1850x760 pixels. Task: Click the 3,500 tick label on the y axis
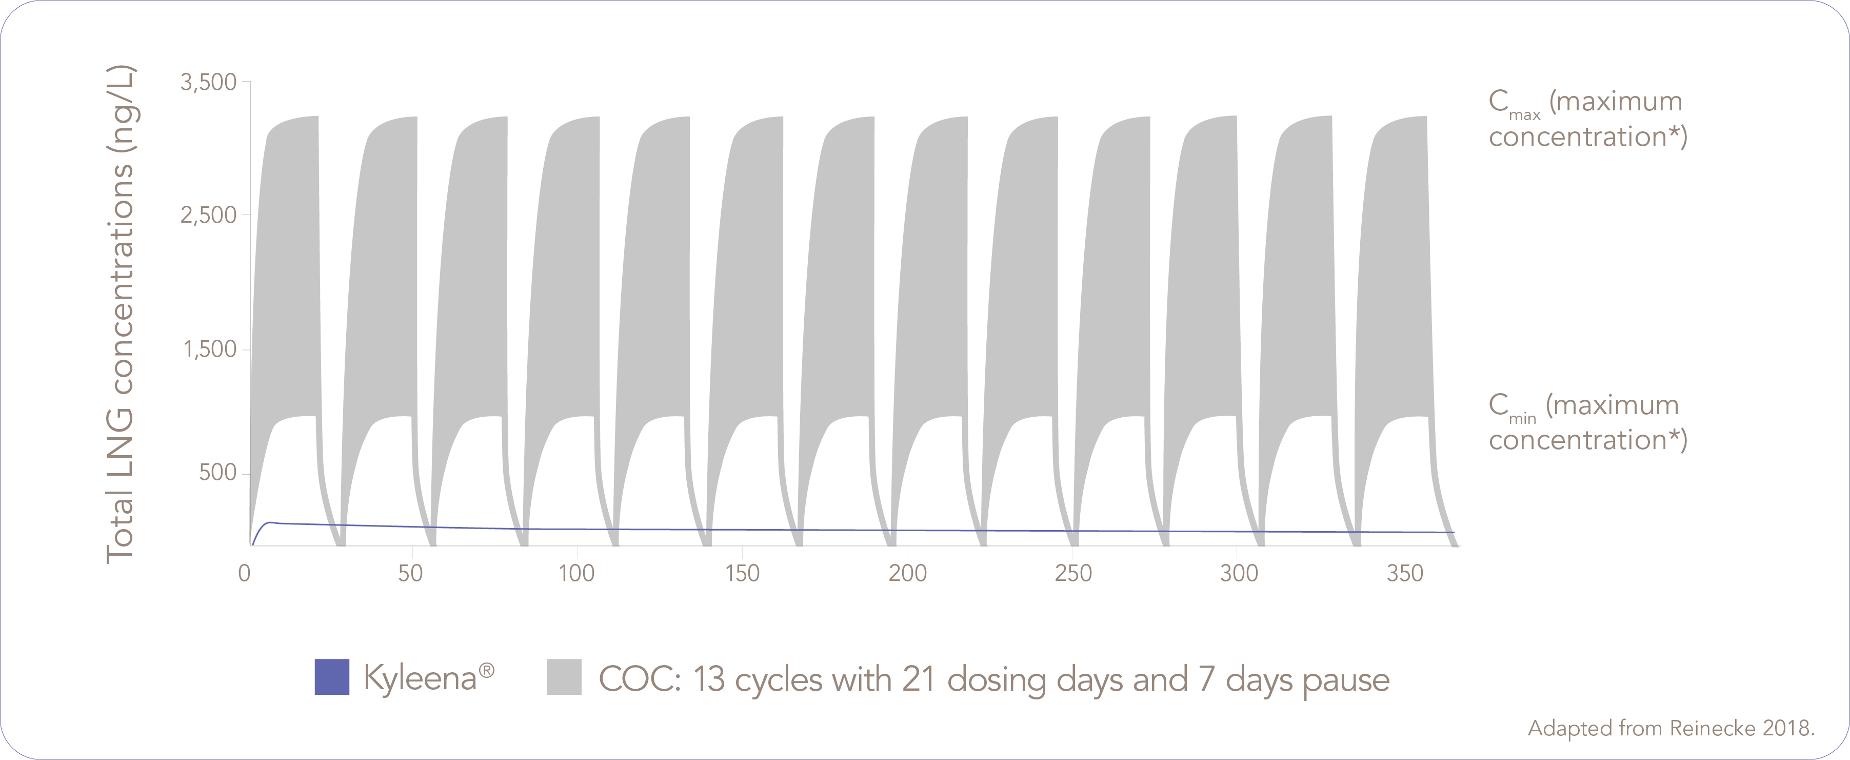208,83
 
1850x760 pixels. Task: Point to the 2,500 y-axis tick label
208,215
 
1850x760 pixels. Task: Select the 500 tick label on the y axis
217,473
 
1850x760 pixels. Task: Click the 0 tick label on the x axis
245,573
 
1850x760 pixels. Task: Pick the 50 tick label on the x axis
411,573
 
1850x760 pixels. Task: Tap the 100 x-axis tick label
576,573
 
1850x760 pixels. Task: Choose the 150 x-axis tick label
742,573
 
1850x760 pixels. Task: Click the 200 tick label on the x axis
908,573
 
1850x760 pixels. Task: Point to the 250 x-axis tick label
1073,573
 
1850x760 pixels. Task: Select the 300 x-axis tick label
1239,573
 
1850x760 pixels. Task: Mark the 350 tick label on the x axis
1405,573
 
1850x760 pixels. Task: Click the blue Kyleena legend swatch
332,677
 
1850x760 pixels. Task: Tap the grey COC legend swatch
564,677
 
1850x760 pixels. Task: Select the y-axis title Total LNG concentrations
121,315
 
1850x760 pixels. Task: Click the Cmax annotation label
1587,119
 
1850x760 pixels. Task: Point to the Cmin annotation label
1587,422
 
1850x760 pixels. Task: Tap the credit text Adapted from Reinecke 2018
1670,728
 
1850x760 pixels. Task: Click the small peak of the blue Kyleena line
271,522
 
